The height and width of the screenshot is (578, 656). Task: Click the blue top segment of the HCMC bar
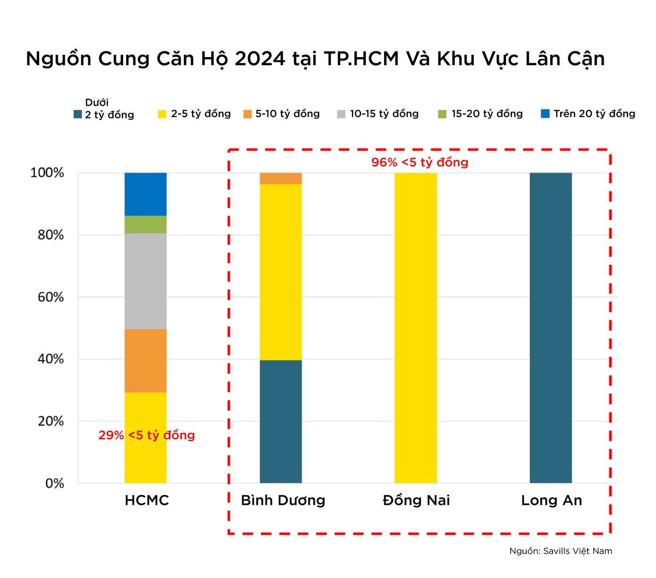(x=145, y=194)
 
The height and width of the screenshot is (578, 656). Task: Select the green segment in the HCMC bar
(x=145, y=225)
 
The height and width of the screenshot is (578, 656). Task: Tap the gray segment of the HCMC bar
(x=145, y=281)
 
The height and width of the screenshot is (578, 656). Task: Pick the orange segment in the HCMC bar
(x=145, y=360)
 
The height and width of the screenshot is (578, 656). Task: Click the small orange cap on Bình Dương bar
(x=281, y=178)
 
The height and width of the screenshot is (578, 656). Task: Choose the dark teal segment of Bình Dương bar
(x=281, y=421)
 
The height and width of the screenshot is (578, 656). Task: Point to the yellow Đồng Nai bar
(x=416, y=328)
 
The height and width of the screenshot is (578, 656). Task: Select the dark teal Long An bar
(x=551, y=328)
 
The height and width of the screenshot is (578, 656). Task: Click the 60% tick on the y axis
(x=50, y=297)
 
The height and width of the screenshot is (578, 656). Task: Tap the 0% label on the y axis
(x=54, y=484)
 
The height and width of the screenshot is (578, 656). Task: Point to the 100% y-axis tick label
(x=47, y=173)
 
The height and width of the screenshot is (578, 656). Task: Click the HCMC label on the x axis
(x=147, y=500)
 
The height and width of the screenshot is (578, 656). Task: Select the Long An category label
(x=551, y=500)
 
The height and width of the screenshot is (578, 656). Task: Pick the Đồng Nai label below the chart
(x=416, y=500)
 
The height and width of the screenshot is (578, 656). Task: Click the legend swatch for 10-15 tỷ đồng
(x=341, y=114)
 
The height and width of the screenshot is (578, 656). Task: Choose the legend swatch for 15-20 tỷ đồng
(x=442, y=114)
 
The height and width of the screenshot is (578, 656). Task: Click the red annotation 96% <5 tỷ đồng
(x=420, y=162)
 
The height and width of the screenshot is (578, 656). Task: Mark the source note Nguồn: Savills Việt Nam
(x=561, y=551)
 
